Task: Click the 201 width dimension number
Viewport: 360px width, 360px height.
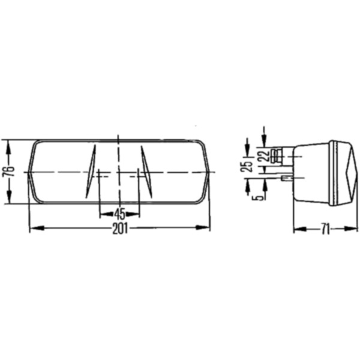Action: pyautogui.click(x=121, y=228)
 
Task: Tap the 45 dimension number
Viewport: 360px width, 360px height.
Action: pyautogui.click(x=119, y=212)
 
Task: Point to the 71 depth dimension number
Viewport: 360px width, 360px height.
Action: pyautogui.click(x=324, y=229)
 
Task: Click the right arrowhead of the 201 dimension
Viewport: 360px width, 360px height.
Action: pyautogui.click(x=207, y=228)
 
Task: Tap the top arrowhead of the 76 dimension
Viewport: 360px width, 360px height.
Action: pyautogui.click(x=8, y=143)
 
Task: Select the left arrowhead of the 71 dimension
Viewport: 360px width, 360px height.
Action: pyautogui.click(x=296, y=229)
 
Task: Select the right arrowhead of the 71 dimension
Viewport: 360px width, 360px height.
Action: pyautogui.click(x=346, y=229)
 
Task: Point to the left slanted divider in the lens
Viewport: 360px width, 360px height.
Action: pyautogui.click(x=91, y=171)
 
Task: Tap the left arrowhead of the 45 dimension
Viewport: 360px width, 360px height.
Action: pyautogui.click(x=102, y=212)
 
